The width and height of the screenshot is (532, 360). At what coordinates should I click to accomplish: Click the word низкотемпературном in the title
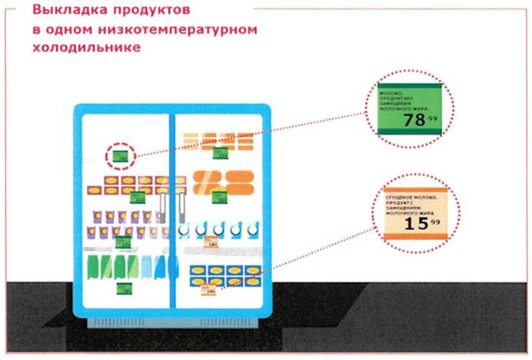point(187,30)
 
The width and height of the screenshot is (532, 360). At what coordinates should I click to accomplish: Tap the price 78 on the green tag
point(414,120)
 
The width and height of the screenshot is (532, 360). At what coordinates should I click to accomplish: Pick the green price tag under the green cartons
point(122,288)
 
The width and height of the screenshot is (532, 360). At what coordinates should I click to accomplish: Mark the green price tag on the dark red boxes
point(138,197)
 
